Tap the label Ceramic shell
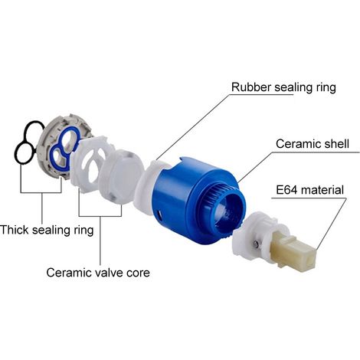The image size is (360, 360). tap(313, 144)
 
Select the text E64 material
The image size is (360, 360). tap(310, 190)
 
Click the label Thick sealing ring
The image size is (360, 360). tap(47, 230)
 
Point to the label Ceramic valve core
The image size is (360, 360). tap(98, 273)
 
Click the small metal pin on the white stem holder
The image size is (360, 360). tap(256, 244)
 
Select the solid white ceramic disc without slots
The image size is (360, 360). tap(120, 176)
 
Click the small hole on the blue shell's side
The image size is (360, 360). tap(159, 214)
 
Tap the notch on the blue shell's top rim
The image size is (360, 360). tap(185, 162)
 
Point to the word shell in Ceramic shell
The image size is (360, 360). tap(336, 144)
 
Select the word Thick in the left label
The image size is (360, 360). tap(15, 230)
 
